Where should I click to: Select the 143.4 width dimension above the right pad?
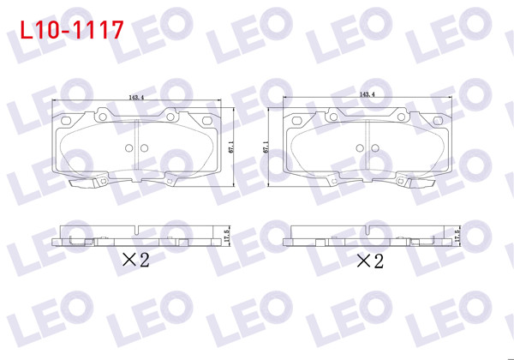click(x=368, y=94)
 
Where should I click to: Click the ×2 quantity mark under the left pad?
click(x=134, y=259)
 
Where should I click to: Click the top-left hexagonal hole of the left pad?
click(x=102, y=112)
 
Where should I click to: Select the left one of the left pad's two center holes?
click(x=128, y=148)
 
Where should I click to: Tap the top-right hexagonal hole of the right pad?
click(x=403, y=112)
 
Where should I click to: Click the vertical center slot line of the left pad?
click(x=136, y=146)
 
